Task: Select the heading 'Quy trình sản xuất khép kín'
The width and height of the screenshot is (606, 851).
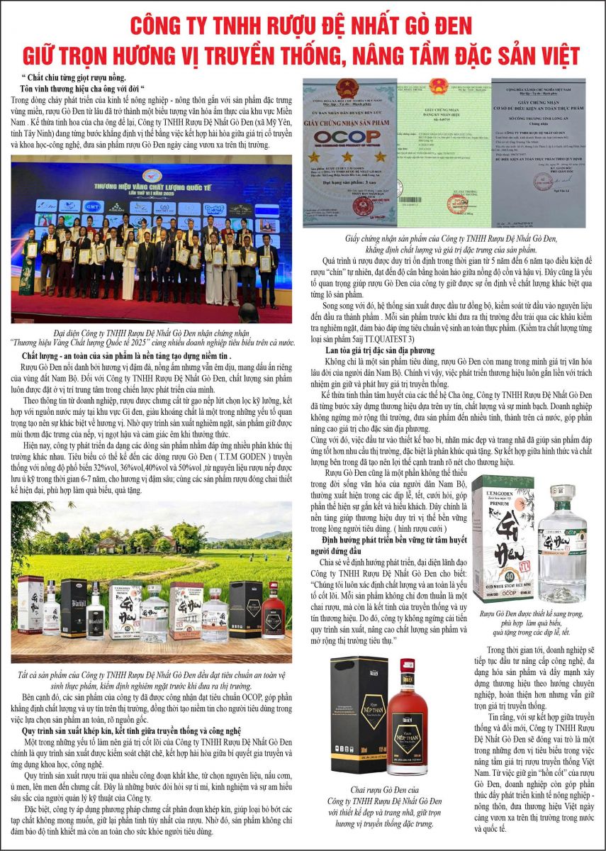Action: (x=131, y=729)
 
